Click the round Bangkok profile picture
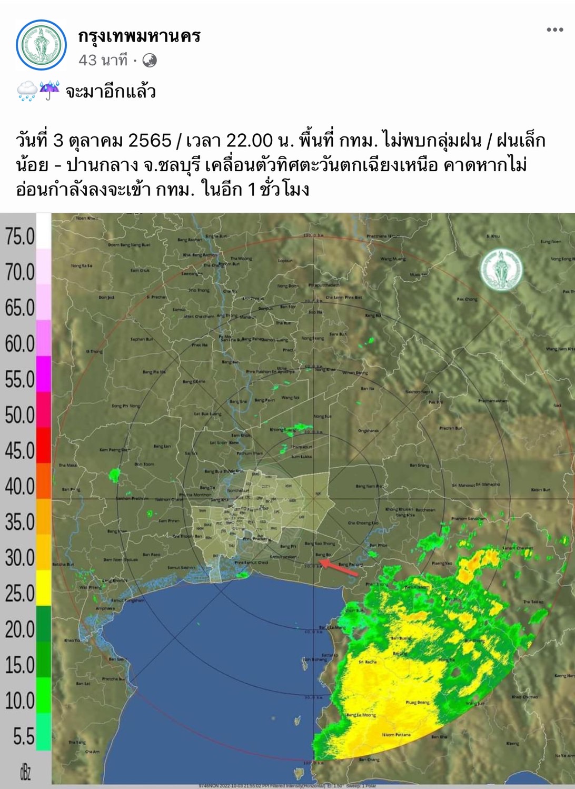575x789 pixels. [41, 45]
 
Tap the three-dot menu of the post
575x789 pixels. [554, 29]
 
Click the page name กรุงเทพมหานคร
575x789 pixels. [140, 36]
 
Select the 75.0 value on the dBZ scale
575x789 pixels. [20, 236]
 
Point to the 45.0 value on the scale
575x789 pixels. [20, 451]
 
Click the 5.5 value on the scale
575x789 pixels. [23, 736]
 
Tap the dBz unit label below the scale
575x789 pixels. [25, 772]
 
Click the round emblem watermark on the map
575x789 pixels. [501, 269]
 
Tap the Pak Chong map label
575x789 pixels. [467, 299]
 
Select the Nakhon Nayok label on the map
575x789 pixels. [419, 391]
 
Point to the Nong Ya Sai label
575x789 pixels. [82, 266]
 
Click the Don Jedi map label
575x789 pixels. [107, 298]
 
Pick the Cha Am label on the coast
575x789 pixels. [92, 752]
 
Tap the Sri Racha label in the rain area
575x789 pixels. [368, 662]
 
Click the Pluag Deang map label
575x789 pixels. [418, 702]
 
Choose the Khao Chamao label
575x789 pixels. [525, 696]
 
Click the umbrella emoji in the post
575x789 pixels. [49, 91]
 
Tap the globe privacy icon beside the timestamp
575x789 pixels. [150, 61]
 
